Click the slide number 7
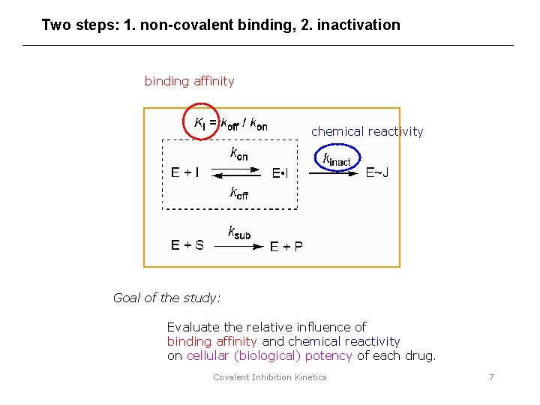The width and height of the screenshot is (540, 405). click(x=491, y=377)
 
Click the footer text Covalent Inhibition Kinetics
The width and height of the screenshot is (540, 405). click(x=270, y=377)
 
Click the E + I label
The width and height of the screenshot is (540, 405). click(x=185, y=173)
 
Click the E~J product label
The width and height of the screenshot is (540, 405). click(x=376, y=173)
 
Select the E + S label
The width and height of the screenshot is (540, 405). click(x=187, y=245)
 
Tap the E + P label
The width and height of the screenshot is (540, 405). click(x=286, y=246)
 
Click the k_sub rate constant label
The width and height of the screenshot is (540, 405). click(x=239, y=232)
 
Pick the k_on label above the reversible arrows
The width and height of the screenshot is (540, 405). click(x=238, y=154)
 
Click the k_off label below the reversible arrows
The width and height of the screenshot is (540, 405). click(x=238, y=192)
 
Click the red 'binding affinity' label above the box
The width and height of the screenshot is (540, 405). click(x=189, y=81)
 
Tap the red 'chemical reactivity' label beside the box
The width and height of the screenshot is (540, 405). click(x=367, y=132)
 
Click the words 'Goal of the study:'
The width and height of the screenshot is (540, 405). click(x=166, y=298)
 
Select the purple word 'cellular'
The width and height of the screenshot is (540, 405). click(x=208, y=355)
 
